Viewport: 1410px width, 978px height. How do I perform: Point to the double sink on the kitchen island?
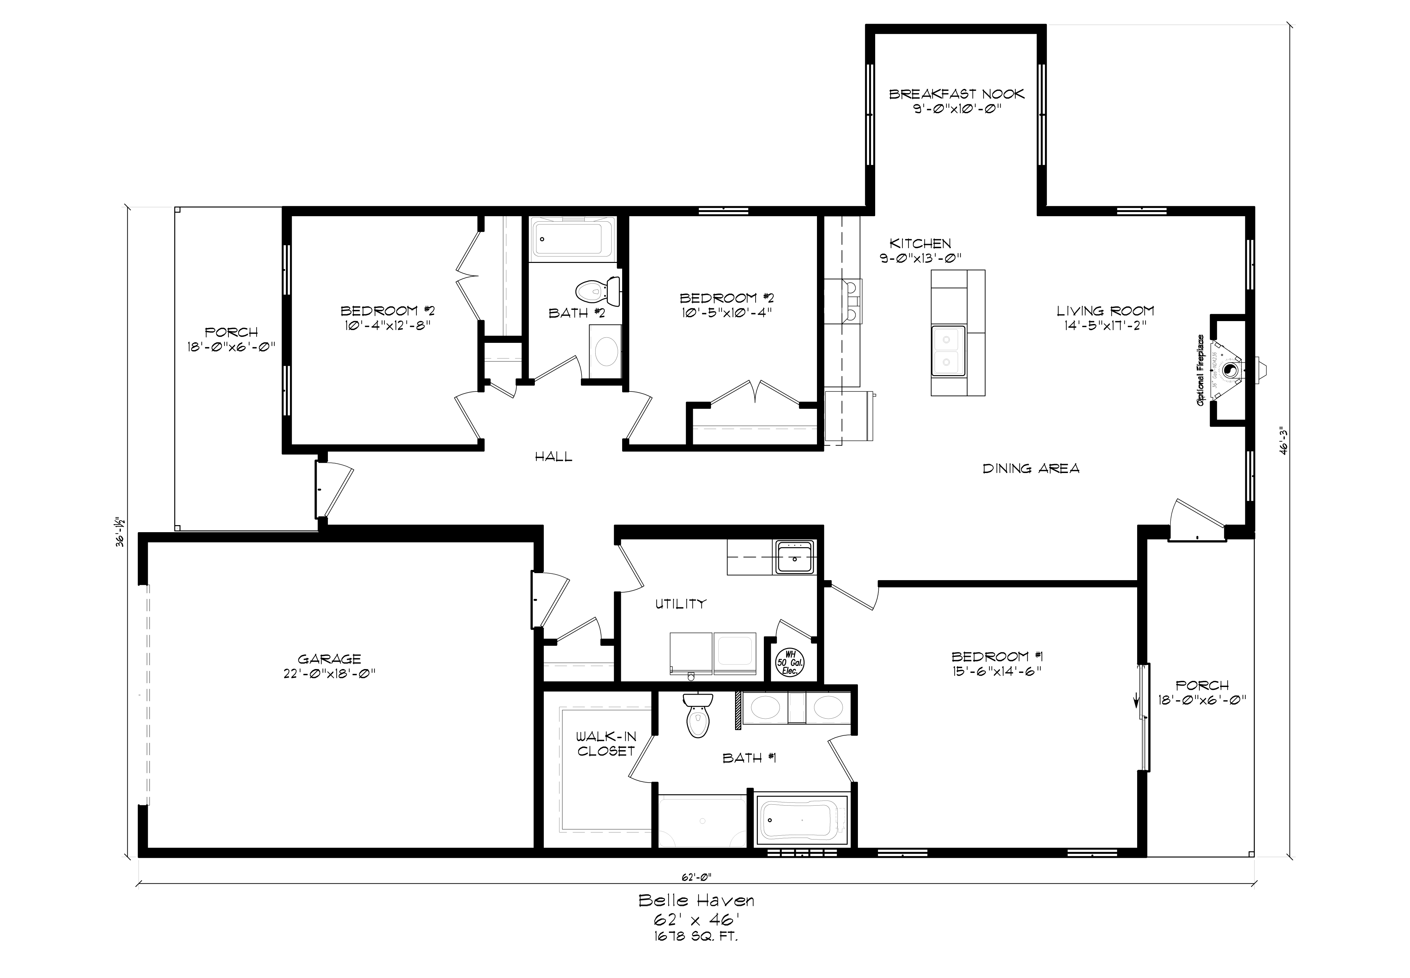coord(948,350)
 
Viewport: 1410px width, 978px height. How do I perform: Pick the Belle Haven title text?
coord(696,900)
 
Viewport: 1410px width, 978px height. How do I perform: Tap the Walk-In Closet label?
coord(606,743)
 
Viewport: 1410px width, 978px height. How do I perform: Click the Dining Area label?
coord(1031,469)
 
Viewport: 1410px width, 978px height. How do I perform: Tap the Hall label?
coord(553,456)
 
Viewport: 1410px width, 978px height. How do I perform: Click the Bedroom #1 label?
coord(997,656)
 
